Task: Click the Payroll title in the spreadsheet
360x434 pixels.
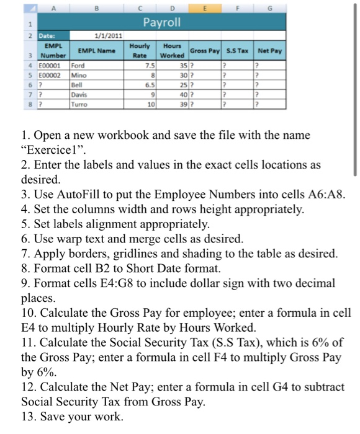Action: click(162, 23)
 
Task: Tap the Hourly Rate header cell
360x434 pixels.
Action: click(138, 49)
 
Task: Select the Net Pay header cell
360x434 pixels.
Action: click(269, 49)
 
